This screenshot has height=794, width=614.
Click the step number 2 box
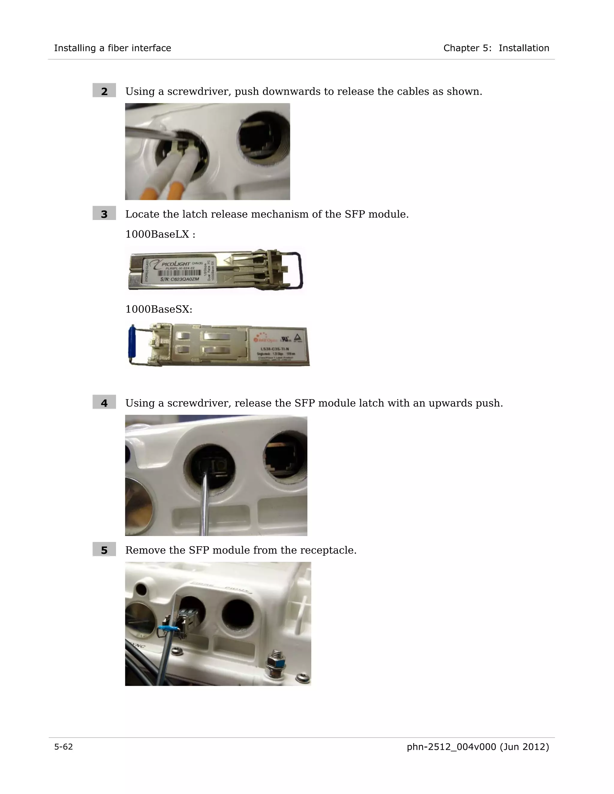pos(104,90)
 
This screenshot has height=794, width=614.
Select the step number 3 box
pos(104,213)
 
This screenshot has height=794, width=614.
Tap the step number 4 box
pos(104,402)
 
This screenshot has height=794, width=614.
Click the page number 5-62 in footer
pos(63,747)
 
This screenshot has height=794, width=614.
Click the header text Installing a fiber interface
pos(112,48)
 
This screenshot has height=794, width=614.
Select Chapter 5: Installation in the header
pos(496,48)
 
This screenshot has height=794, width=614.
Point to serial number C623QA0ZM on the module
pos(180,279)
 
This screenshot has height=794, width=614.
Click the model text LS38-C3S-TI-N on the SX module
pos(275,349)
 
